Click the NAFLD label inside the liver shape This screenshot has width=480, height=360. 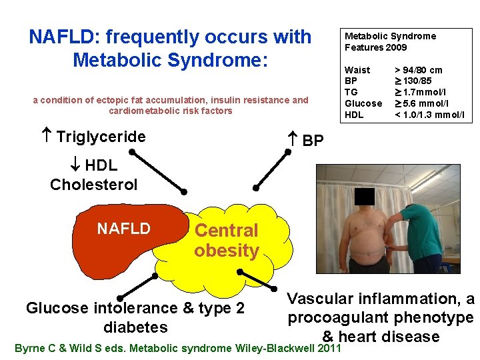[123, 229]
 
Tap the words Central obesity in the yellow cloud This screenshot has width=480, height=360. [226, 241]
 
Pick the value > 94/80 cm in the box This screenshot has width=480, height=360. [419, 70]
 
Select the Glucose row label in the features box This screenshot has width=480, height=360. [363, 103]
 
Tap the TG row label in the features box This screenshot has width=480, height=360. [351, 92]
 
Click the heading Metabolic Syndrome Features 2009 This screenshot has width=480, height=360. [390, 41]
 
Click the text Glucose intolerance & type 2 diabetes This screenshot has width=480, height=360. [135, 317]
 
